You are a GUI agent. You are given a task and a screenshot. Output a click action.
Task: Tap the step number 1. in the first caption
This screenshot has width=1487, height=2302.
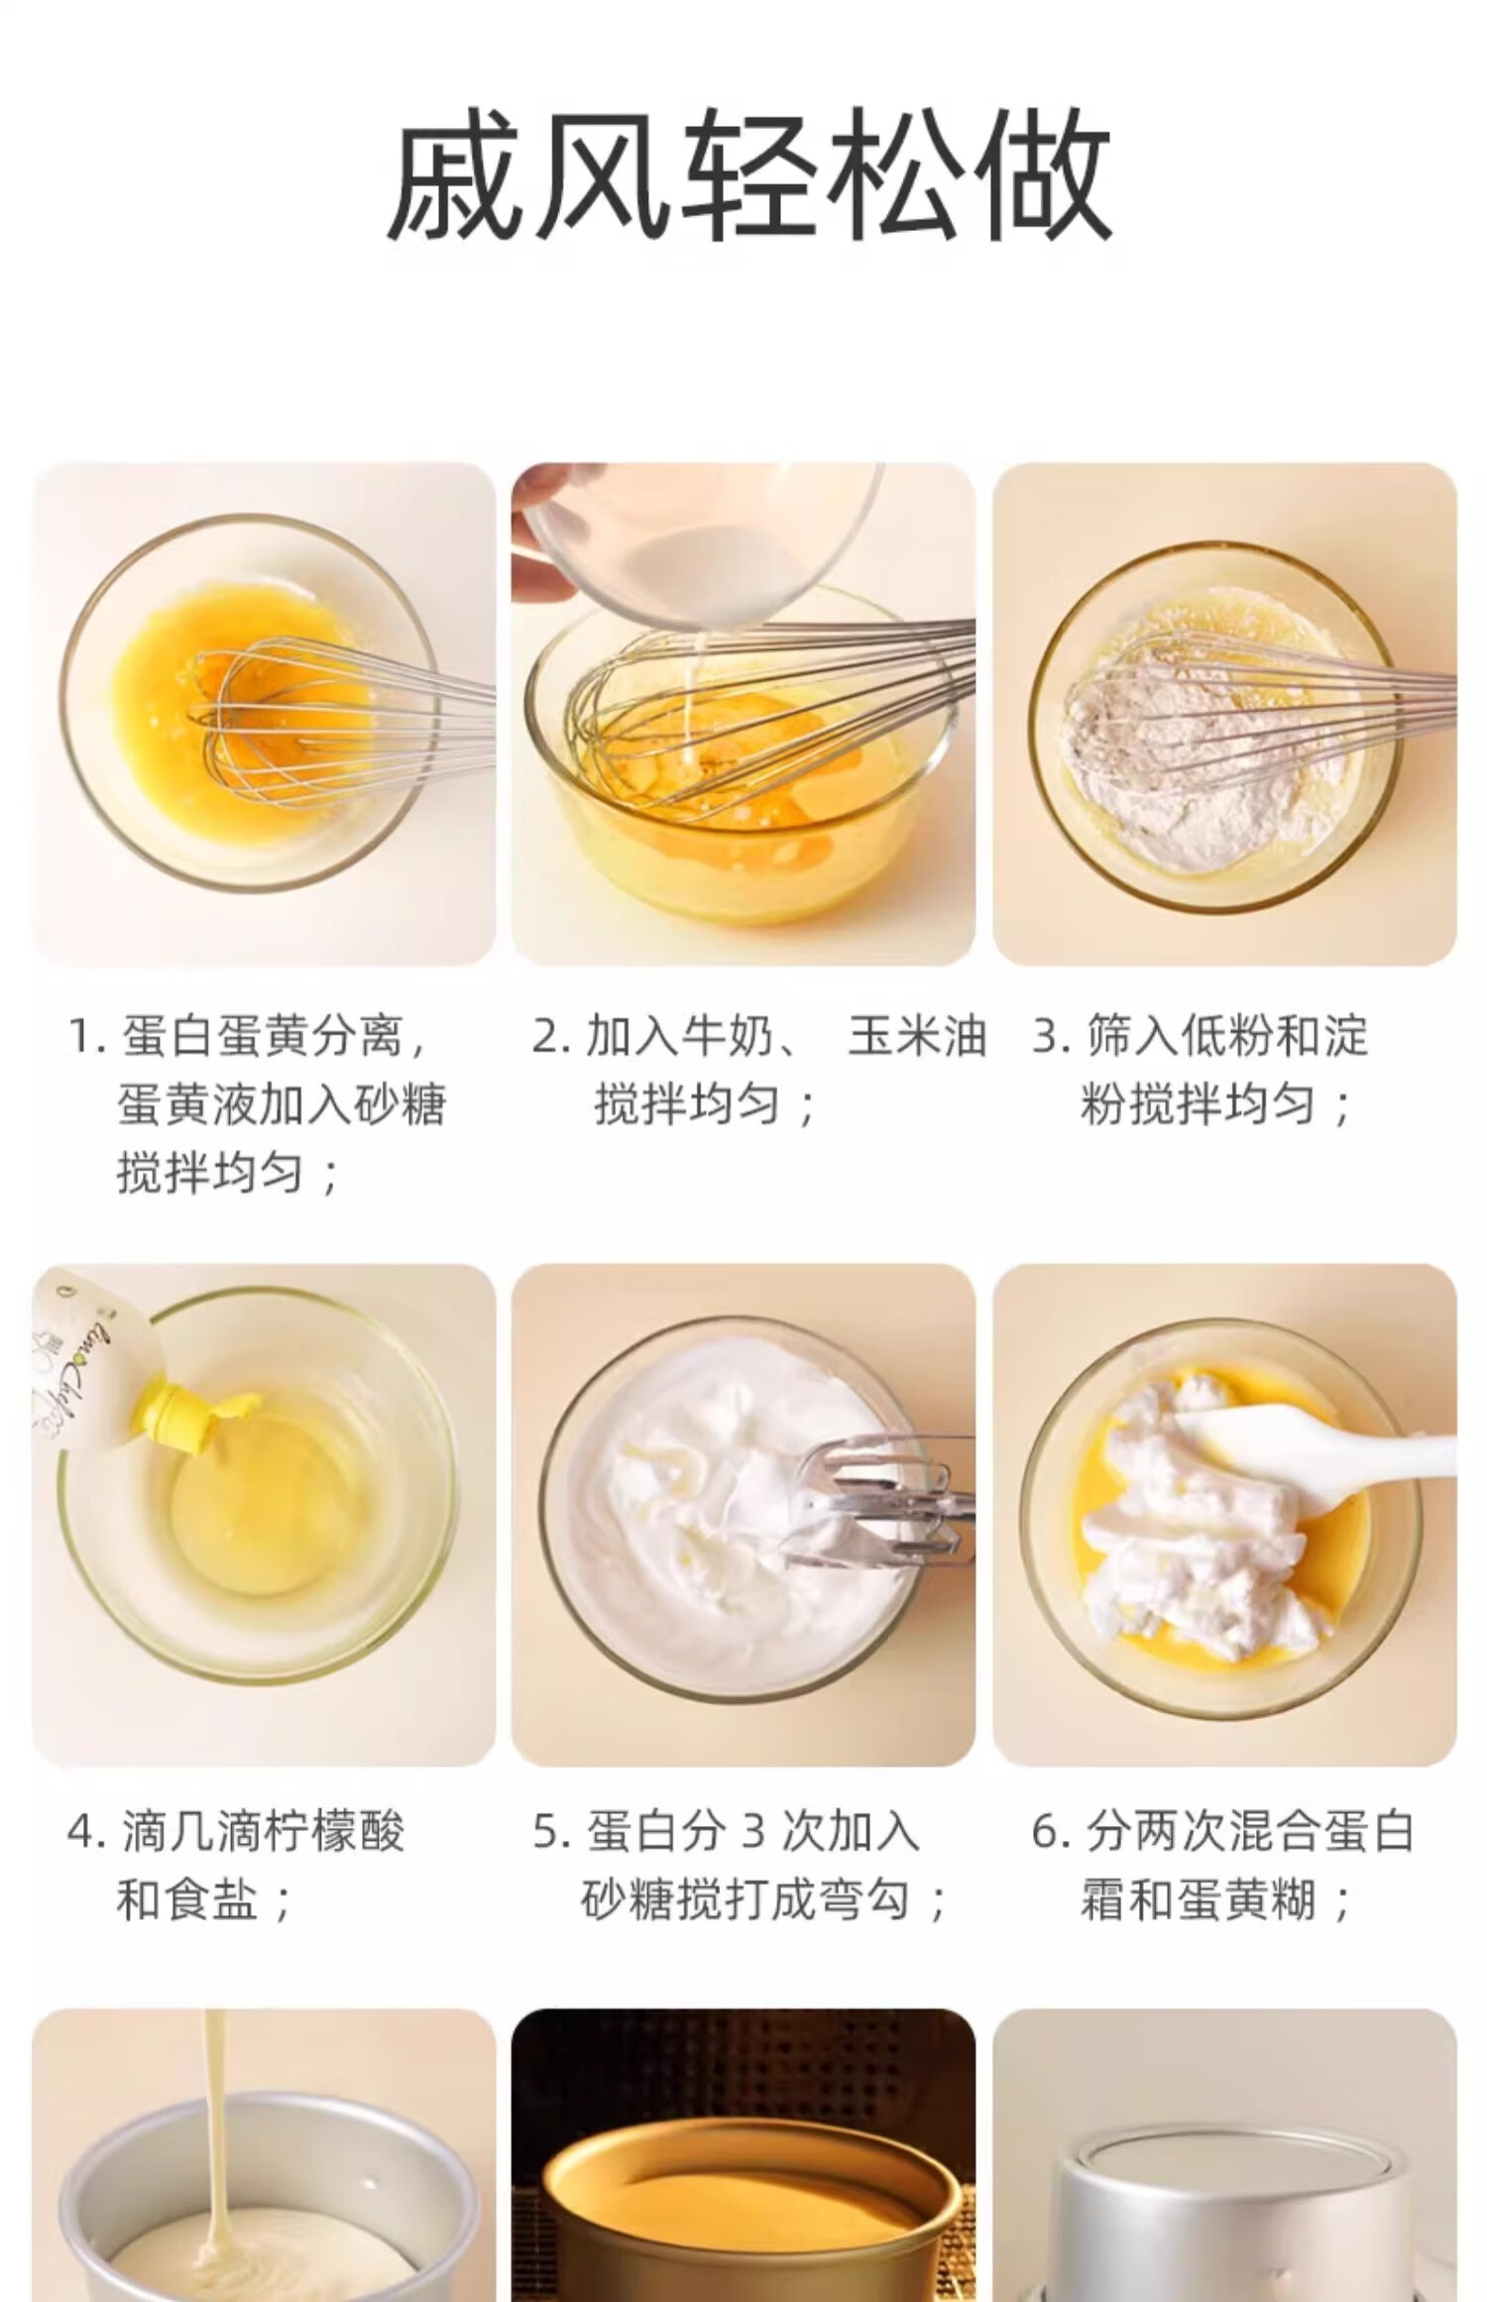[86, 1037]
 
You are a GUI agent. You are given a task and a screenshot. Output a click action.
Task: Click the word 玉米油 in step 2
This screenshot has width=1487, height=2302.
[917, 1036]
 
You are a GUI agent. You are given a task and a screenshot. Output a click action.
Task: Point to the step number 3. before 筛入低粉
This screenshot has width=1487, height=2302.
[1050, 1037]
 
